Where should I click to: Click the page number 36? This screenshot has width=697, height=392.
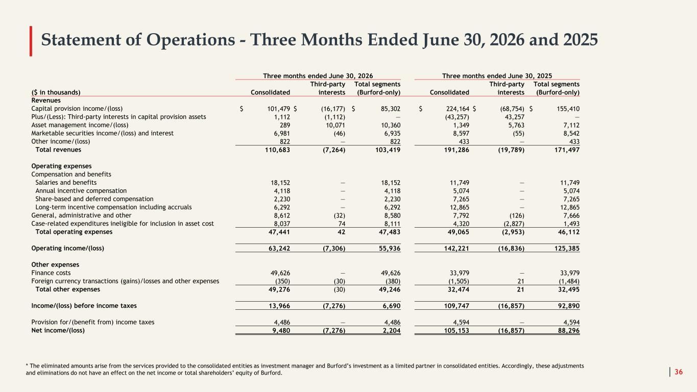pos(679,372)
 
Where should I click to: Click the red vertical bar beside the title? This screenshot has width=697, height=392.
pos(31,41)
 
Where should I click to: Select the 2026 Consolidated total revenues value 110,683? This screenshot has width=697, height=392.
pos(277,150)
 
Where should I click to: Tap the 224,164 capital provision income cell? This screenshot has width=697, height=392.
pos(458,109)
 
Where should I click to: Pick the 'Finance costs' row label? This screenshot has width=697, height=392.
pos(51,273)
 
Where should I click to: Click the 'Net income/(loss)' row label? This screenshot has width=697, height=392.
pos(58,330)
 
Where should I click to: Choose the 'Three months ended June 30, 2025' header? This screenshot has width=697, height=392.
pos(497,76)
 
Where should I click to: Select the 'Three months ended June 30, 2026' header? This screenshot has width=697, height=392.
pos(318,76)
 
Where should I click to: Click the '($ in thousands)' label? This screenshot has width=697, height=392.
pos(56,92)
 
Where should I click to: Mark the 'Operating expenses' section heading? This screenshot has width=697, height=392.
pos(61,166)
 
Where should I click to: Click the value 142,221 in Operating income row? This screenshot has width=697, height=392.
pos(456,248)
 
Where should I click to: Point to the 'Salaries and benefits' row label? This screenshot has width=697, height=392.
pos(66,183)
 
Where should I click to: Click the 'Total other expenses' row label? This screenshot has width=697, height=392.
pos(67,289)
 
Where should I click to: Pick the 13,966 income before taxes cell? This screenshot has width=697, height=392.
pos(279,306)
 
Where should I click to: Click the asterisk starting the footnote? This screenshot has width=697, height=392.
pos(27,365)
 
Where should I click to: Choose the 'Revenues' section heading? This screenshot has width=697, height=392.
pos(46,101)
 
